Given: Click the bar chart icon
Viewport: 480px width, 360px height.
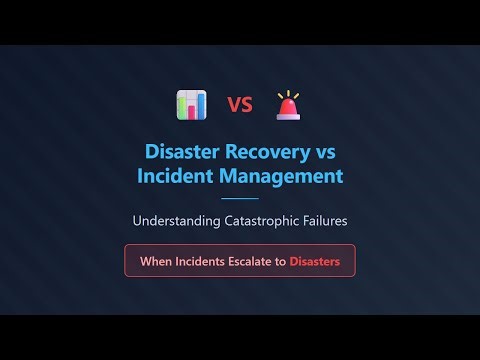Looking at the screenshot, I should [x=191, y=104].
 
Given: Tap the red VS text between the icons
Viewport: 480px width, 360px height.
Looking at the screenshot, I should [x=239, y=105].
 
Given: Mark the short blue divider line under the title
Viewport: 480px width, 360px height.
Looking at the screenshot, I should [x=239, y=199].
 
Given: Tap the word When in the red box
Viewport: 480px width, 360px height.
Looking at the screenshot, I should [x=155, y=261].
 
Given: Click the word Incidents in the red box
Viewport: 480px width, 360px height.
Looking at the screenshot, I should [x=202, y=261].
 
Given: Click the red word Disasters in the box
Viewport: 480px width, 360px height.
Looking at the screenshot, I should [x=315, y=261].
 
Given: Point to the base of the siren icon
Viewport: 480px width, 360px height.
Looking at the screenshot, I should [x=288, y=115].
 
